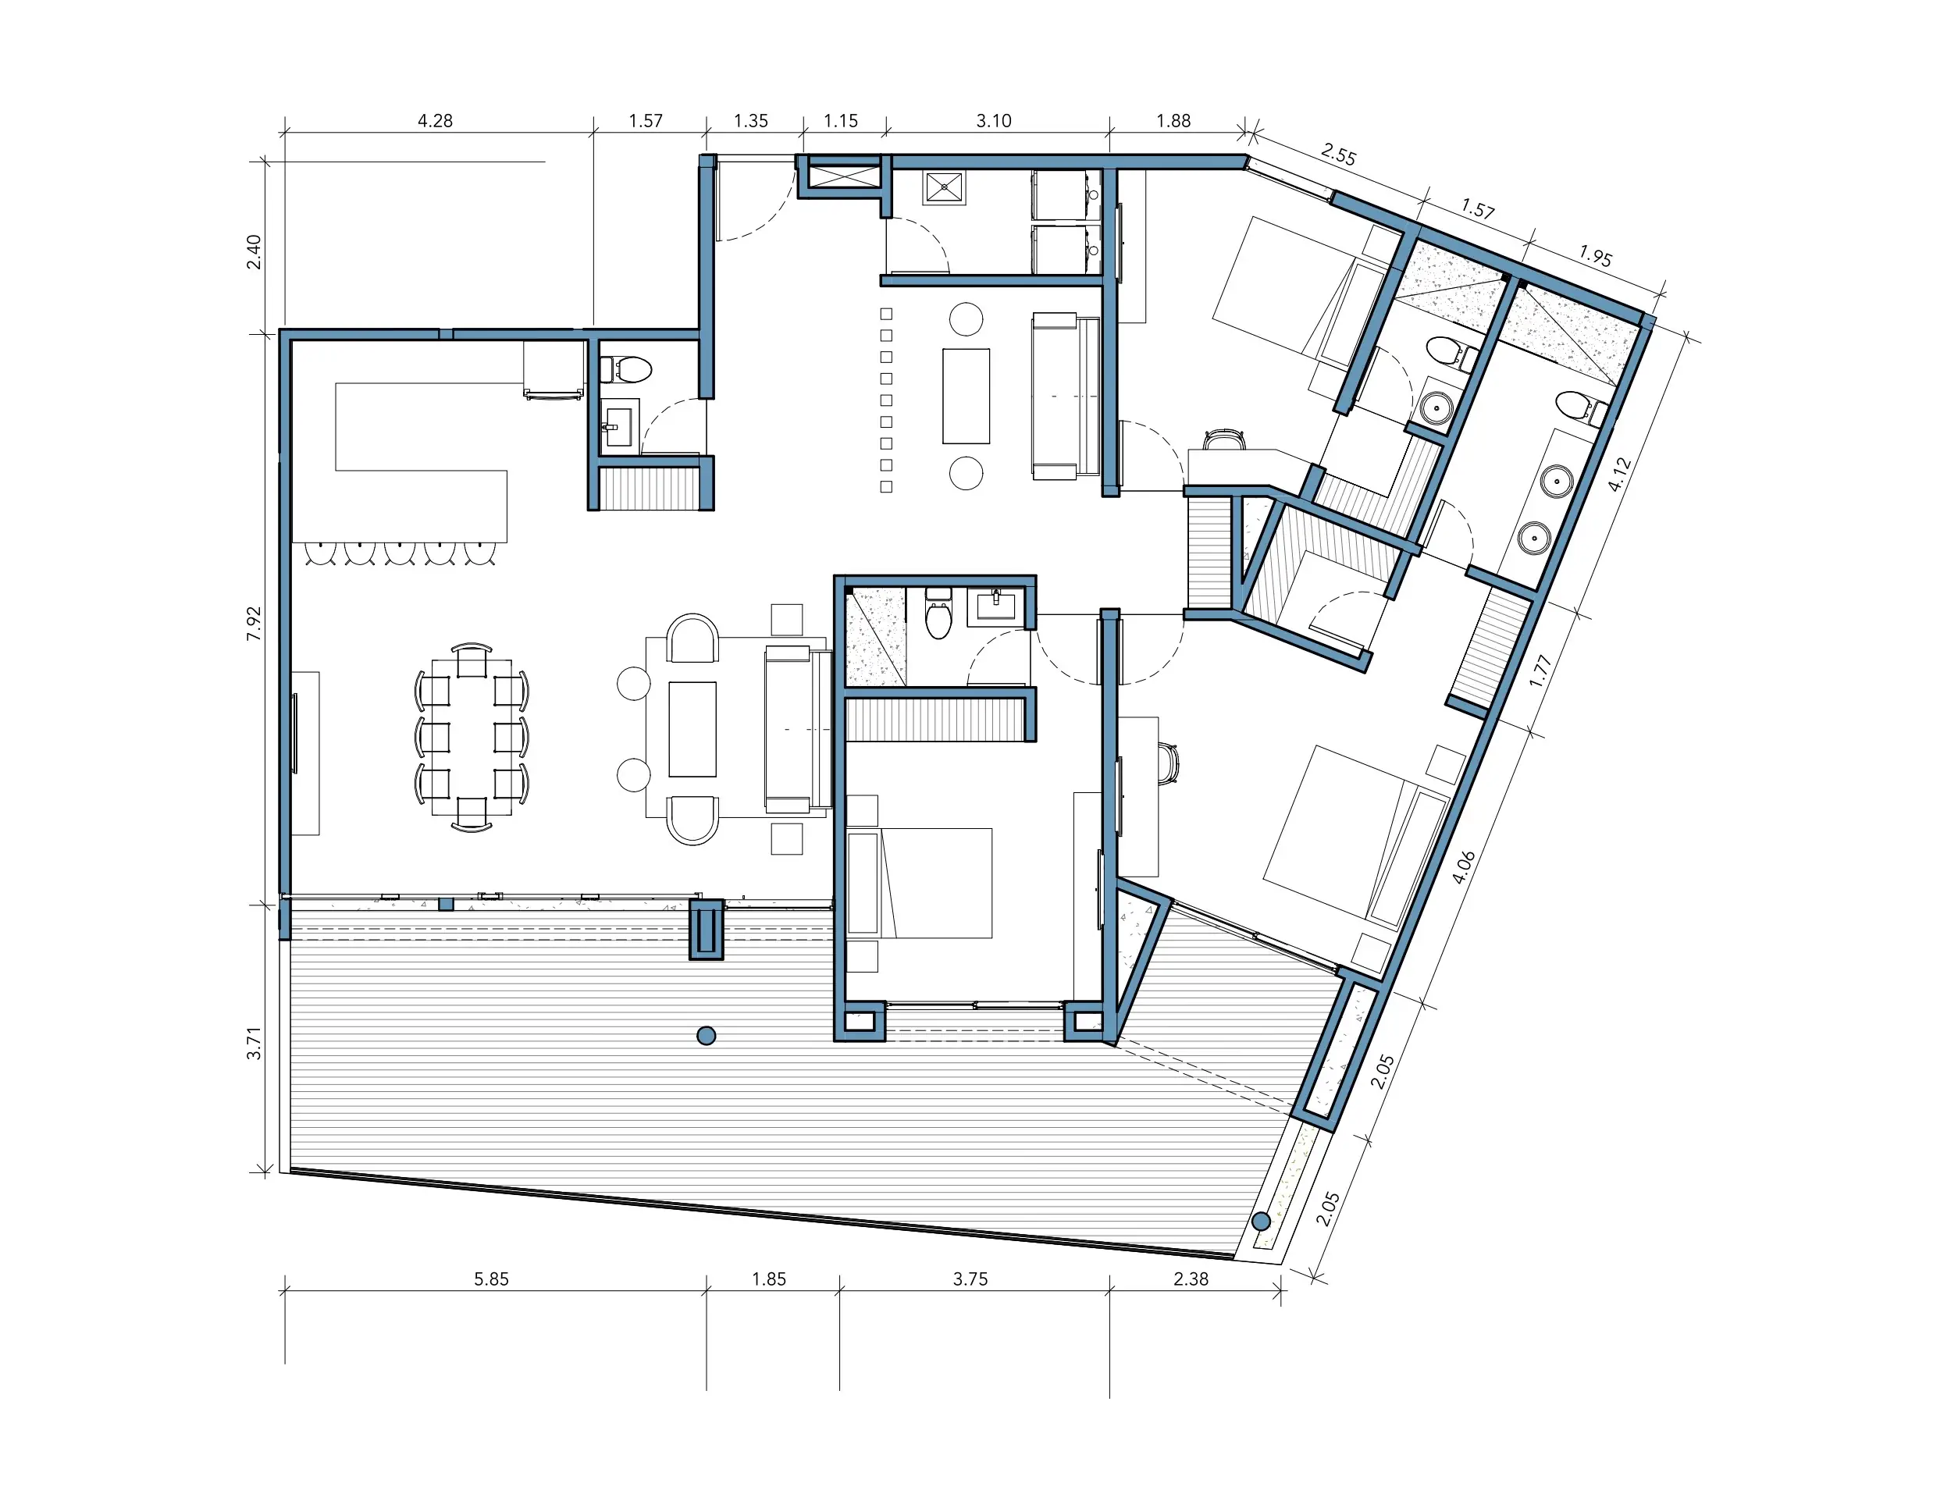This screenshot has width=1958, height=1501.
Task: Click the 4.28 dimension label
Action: [x=435, y=121]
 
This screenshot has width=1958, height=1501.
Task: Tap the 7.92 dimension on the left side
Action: [x=255, y=623]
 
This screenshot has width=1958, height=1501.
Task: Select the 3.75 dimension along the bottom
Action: [x=970, y=1279]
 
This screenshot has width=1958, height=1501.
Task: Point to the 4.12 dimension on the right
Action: [x=1619, y=475]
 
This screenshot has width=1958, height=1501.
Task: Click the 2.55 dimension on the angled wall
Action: [x=1339, y=155]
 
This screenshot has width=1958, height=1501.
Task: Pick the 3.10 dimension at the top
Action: [x=994, y=121]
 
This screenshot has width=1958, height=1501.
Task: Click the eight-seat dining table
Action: [x=472, y=737]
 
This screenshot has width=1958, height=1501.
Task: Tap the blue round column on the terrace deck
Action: [x=706, y=1037]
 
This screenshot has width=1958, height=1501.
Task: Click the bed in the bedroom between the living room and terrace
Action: [x=920, y=883]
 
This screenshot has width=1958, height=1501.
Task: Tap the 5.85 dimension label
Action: [x=492, y=1279]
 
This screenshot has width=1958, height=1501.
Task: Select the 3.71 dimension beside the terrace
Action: [x=255, y=1044]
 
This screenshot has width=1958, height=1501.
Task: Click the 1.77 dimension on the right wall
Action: [x=1539, y=671]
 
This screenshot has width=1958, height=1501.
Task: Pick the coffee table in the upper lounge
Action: [x=966, y=396]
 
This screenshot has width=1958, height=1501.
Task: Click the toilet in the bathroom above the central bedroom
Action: [x=938, y=614]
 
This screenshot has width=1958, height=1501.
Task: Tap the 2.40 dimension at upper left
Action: [x=255, y=251]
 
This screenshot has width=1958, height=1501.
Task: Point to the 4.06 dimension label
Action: [x=1463, y=866]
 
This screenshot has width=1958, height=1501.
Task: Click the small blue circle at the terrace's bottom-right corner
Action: [x=1262, y=1222]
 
